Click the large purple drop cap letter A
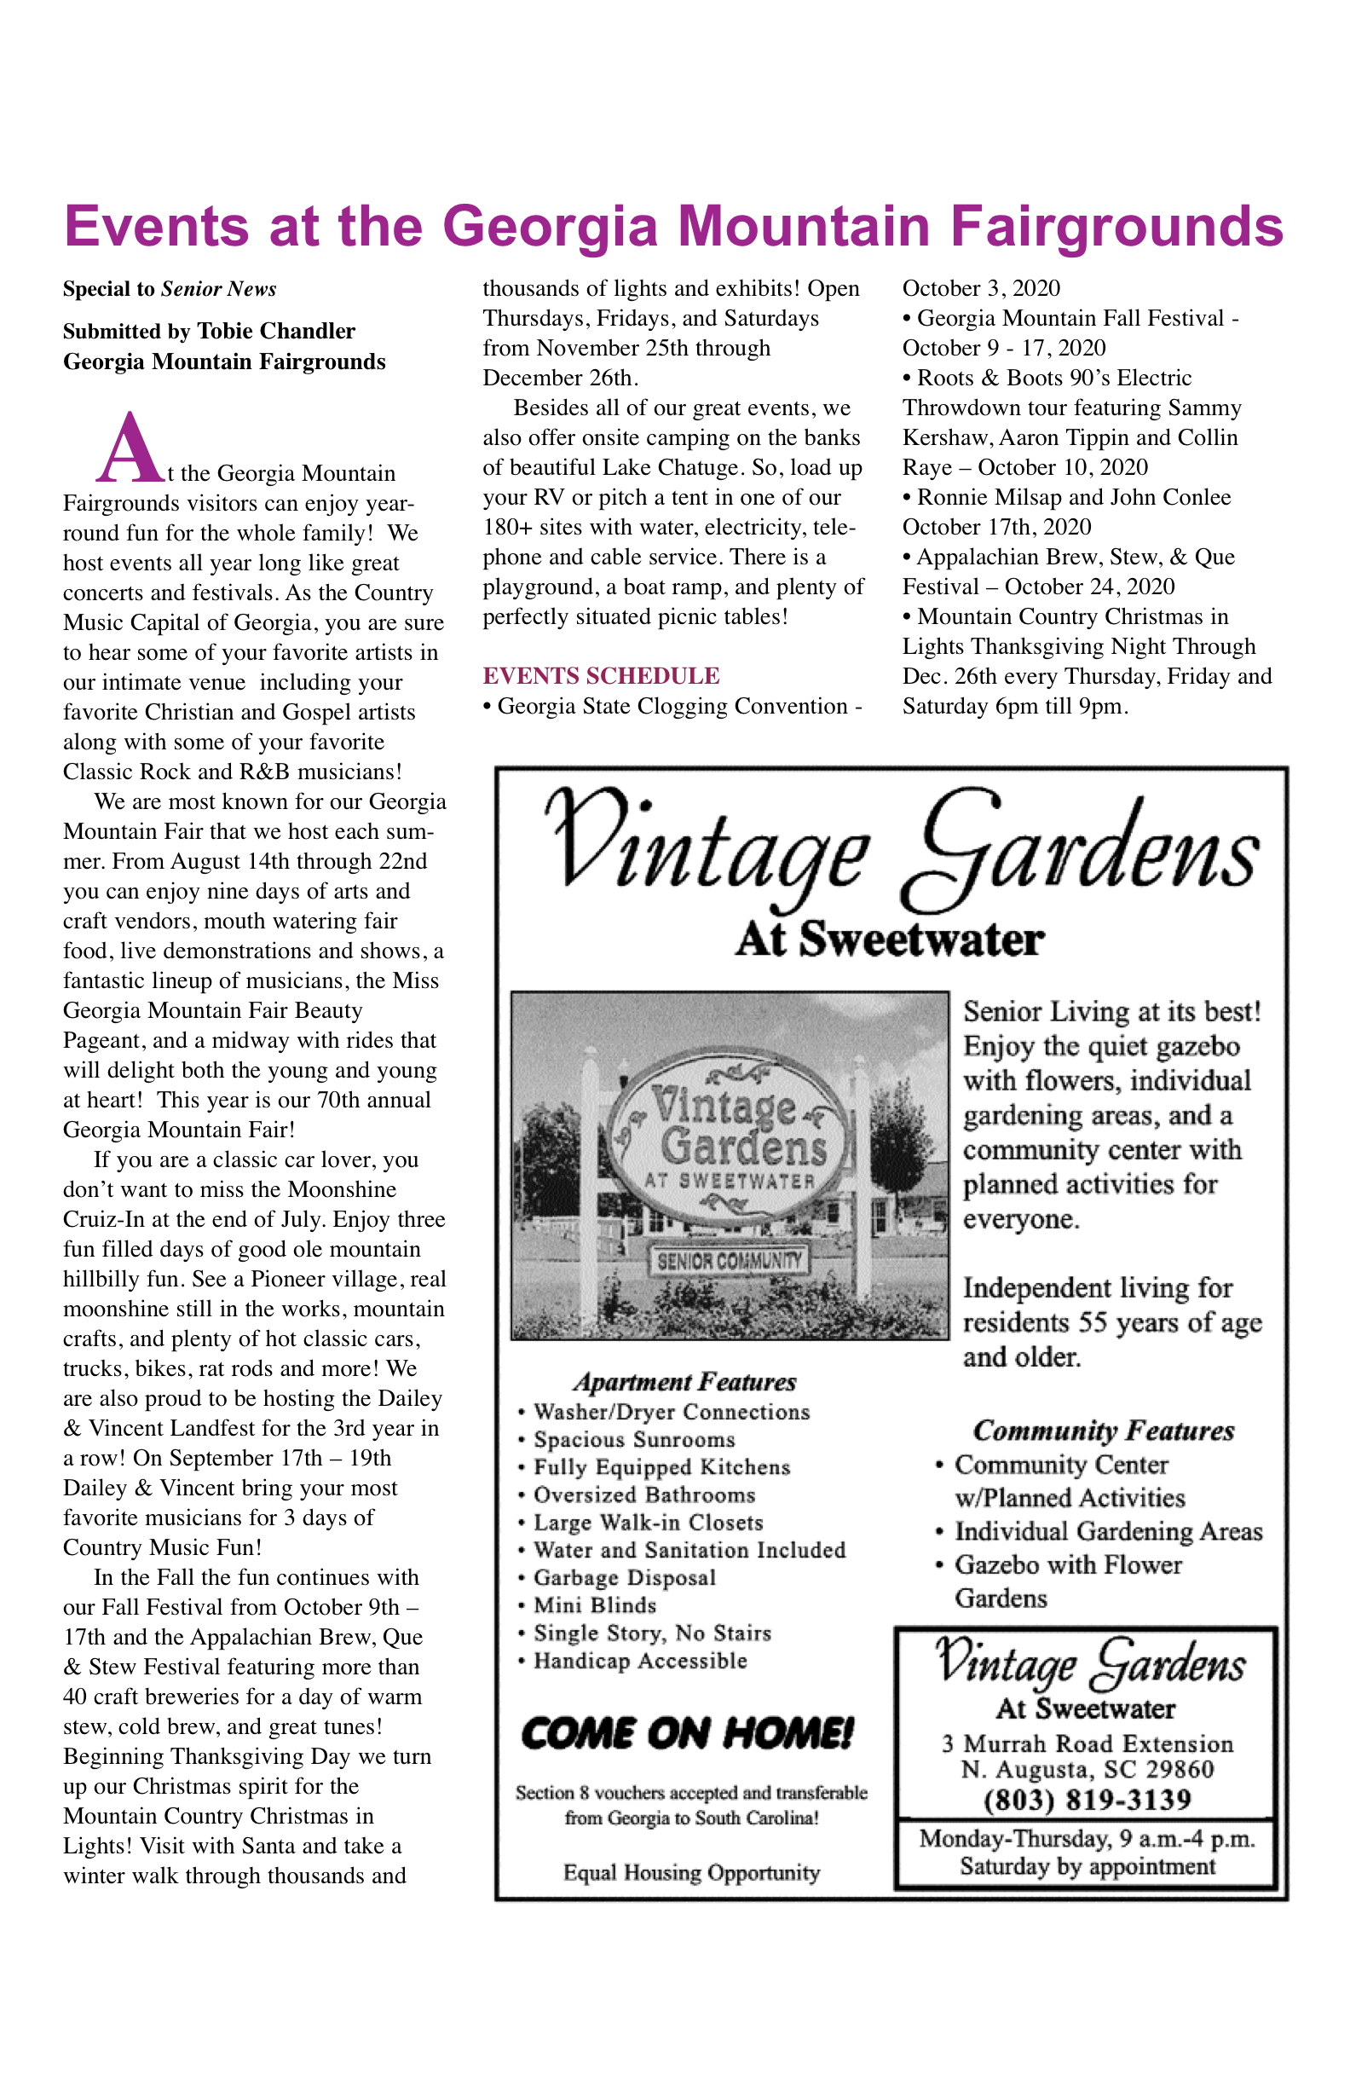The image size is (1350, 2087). (x=129, y=448)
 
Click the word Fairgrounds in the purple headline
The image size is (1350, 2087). (x=1116, y=226)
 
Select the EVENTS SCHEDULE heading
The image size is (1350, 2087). (x=601, y=676)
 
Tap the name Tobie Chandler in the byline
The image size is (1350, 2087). (x=276, y=332)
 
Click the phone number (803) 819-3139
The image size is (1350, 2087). (x=1087, y=1801)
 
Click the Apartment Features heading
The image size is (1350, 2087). (x=684, y=1383)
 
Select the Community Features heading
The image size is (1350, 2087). (x=1104, y=1431)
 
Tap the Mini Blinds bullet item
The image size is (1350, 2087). (x=594, y=1605)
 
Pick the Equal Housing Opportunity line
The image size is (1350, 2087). (x=692, y=1873)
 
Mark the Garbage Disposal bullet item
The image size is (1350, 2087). (x=624, y=1577)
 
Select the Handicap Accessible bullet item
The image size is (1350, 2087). (x=640, y=1661)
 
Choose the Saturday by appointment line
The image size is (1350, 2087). (x=1087, y=1866)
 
